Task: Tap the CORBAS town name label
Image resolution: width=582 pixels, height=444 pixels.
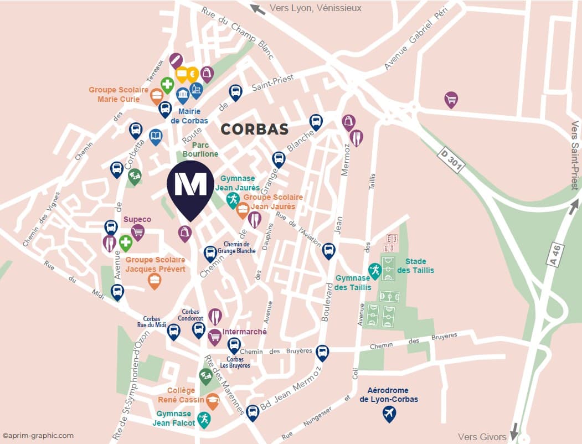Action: tap(254, 130)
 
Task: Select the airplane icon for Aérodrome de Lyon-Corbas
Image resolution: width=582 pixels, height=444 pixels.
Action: tap(390, 413)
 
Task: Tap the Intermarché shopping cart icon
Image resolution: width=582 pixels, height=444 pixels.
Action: tap(214, 335)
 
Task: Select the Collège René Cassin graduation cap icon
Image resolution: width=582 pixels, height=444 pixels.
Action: tap(212, 400)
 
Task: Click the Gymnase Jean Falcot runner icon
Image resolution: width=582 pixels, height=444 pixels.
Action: tap(204, 419)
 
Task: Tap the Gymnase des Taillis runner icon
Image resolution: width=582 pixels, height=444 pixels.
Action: tap(375, 270)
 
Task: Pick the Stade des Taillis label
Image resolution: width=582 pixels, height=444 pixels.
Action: tap(419, 266)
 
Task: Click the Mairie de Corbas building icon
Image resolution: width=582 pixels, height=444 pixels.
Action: tap(183, 95)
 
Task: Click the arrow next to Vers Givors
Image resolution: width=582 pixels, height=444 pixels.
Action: tap(514, 430)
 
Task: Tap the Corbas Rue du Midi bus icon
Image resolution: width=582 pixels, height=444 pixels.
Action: tap(173, 331)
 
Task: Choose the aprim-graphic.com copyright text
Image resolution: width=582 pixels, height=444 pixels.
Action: tap(38, 436)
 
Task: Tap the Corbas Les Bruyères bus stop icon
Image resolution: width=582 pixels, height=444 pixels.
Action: tap(234, 345)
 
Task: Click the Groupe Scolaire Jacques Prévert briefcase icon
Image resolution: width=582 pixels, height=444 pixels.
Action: tap(154, 280)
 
